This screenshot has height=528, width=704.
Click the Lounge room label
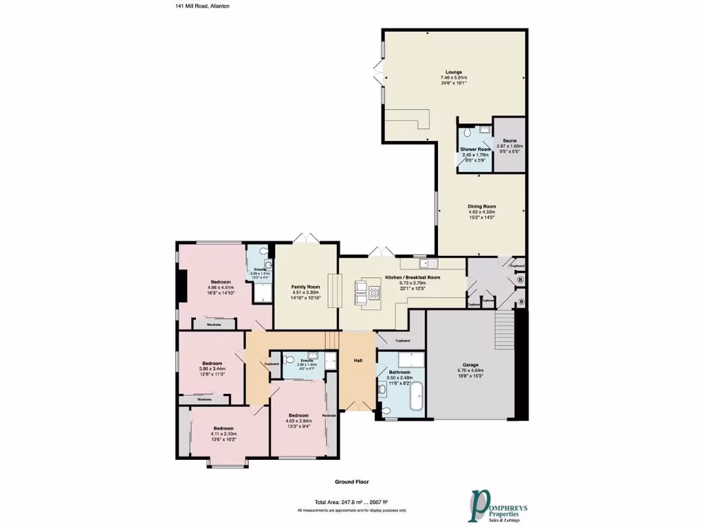tap(453, 72)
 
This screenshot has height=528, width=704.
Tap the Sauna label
tap(509, 140)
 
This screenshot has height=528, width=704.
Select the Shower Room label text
tap(475, 149)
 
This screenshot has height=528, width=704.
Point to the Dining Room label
tap(481, 206)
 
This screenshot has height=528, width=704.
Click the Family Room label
tap(306, 286)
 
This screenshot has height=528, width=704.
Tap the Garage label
tap(470, 365)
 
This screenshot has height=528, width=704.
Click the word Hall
tap(357, 360)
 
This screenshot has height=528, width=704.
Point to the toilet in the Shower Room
tap(467, 132)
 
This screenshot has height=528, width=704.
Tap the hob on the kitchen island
tap(375, 291)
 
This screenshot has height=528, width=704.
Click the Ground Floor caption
tap(352, 482)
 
